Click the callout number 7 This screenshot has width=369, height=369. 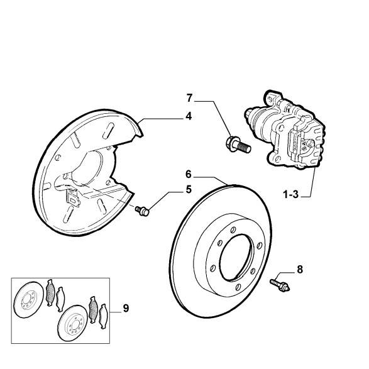pos(189,98)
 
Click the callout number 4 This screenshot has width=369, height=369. pos(189,116)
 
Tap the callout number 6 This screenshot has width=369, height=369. pos(189,174)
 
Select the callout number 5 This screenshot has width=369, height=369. pos(189,189)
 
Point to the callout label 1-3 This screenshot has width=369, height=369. pos(290,195)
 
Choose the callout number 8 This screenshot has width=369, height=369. pos(300,270)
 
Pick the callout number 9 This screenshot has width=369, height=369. pos(126,308)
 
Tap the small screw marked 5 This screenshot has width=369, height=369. pos(142,211)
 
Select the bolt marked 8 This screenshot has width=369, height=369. pos(280,285)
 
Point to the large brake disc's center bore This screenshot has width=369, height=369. pos(236,258)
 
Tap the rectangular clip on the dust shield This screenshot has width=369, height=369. pos(73,197)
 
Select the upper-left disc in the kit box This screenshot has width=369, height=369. pos(29,300)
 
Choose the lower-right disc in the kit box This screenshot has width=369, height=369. pos(72,323)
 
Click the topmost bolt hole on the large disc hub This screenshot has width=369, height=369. pos(233,229)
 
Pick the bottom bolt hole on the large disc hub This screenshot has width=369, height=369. pos(238,287)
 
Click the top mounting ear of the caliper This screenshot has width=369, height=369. pos(273,97)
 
